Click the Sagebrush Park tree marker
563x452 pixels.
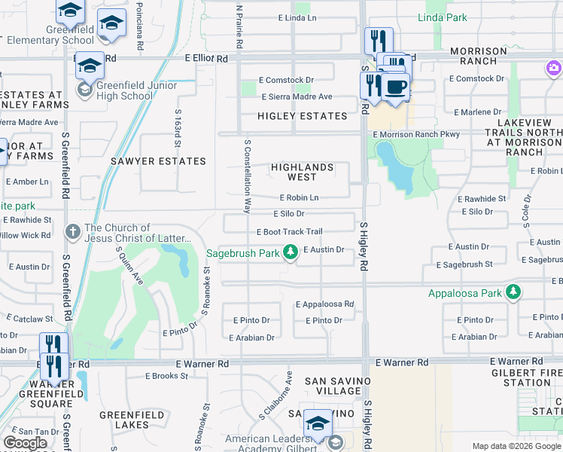click(x=291, y=254)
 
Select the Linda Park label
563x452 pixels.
click(x=442, y=17)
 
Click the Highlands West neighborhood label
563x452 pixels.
click(x=300, y=172)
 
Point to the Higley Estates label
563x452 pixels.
click(x=302, y=116)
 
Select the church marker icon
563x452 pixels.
click(x=73, y=232)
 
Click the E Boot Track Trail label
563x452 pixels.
click(x=289, y=232)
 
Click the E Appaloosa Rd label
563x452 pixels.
click(x=324, y=304)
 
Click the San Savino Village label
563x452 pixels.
click(x=333, y=386)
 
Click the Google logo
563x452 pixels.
click(x=25, y=443)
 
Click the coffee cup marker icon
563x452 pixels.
click(x=394, y=86)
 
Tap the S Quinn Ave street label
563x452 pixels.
click(x=128, y=267)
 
